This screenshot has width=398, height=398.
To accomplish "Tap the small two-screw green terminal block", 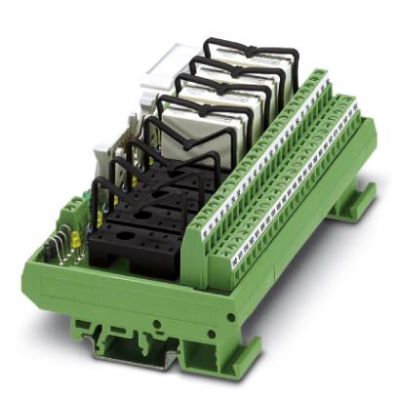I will [74, 213].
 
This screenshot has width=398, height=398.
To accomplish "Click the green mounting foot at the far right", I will [355, 205].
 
